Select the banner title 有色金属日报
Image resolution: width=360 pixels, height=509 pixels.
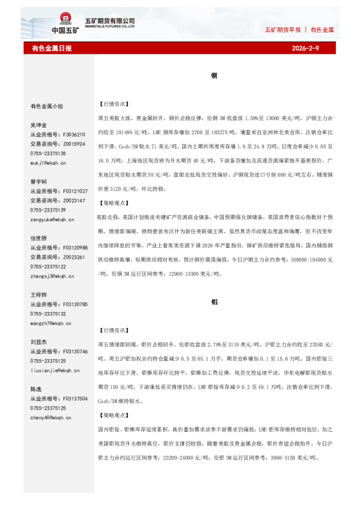coord(51,48)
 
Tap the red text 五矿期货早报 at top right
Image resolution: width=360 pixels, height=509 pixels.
coord(284,30)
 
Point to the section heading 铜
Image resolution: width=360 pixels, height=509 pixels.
coord(214,76)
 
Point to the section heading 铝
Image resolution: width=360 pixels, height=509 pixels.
coord(214,301)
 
